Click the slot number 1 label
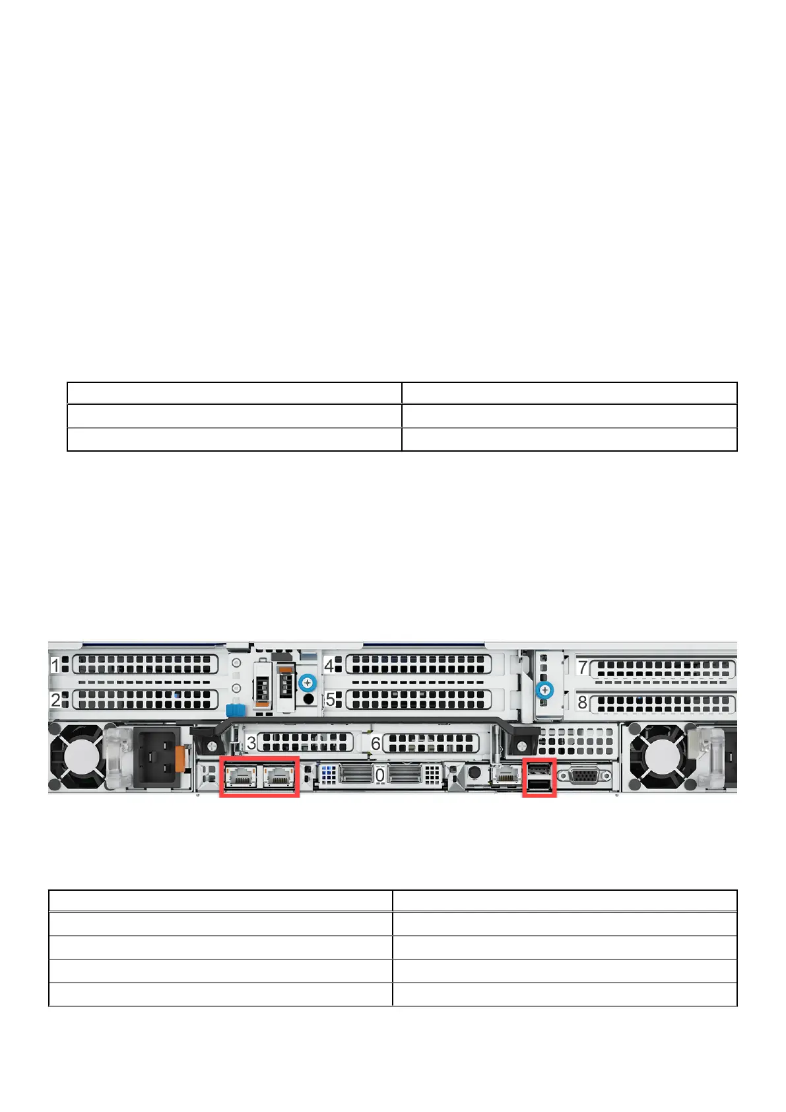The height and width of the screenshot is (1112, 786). tap(55, 664)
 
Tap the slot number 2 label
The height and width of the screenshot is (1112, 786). tap(55, 699)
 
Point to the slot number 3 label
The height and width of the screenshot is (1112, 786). tap(251, 742)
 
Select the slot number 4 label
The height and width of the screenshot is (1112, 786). tap(329, 664)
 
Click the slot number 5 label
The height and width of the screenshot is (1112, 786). tap(330, 699)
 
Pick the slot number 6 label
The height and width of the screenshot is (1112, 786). tap(376, 744)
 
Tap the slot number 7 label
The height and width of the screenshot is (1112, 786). tap(583, 667)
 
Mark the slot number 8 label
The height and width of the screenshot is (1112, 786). tap(583, 702)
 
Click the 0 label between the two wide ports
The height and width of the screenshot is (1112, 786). tap(380, 775)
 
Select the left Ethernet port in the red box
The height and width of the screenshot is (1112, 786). tap(240, 776)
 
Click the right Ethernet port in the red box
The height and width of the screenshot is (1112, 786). tap(278, 776)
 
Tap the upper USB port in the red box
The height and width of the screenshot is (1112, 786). tap(539, 770)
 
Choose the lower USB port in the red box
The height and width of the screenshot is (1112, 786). tap(539, 784)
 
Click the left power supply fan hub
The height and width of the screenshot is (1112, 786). tap(76, 757)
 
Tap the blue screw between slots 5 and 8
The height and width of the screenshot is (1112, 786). tap(544, 691)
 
